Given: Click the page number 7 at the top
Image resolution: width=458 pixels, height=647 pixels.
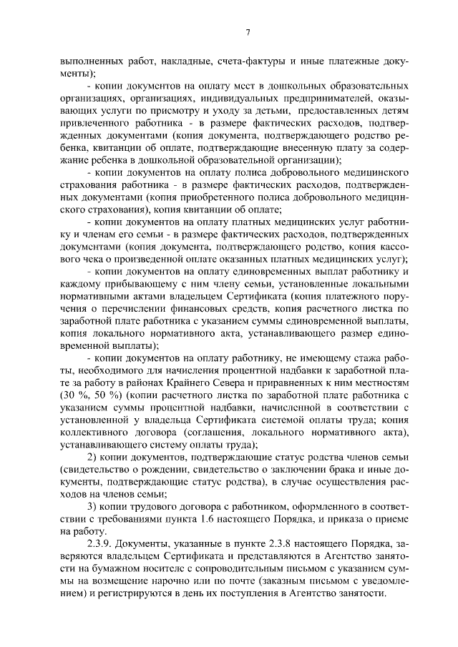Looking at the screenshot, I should click(247, 32).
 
